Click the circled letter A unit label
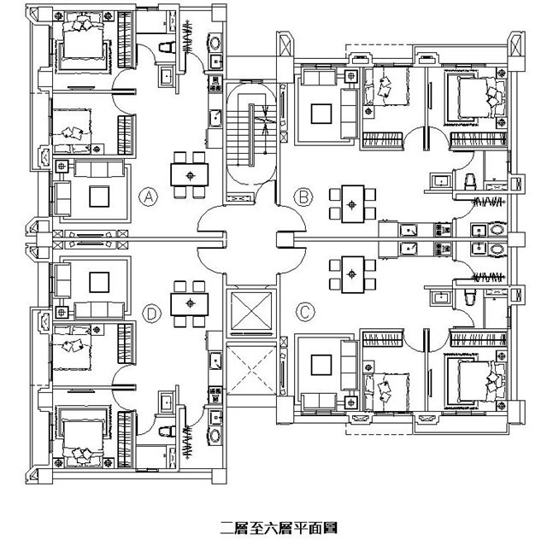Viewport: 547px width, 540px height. click(x=148, y=197)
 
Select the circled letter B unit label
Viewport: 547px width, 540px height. click(x=303, y=197)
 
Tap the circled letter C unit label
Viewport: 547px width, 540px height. click(x=305, y=312)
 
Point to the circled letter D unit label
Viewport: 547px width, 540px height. click(x=152, y=314)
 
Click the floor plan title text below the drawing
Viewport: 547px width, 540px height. click(x=279, y=528)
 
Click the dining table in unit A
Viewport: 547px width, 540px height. click(x=190, y=175)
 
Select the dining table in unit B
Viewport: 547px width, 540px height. click(x=353, y=204)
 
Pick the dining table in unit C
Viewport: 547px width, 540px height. click(x=353, y=274)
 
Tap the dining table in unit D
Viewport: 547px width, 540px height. click(x=190, y=304)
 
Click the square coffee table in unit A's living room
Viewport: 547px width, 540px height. click(x=99, y=197)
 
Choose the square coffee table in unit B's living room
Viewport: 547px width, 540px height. click(x=321, y=114)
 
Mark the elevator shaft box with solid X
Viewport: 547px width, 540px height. click(x=251, y=311)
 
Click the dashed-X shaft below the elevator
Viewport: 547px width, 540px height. click(x=251, y=371)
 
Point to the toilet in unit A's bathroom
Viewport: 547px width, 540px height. click(x=168, y=47)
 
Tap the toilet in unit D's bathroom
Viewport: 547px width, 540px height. click(x=168, y=431)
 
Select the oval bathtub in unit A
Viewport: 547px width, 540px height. click(x=215, y=44)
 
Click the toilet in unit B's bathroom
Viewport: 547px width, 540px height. click(x=470, y=182)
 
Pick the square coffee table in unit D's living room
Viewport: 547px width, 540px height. click(x=99, y=282)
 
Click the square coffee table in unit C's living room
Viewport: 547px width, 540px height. click(x=321, y=365)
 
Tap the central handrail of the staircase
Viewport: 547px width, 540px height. click(x=251, y=135)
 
